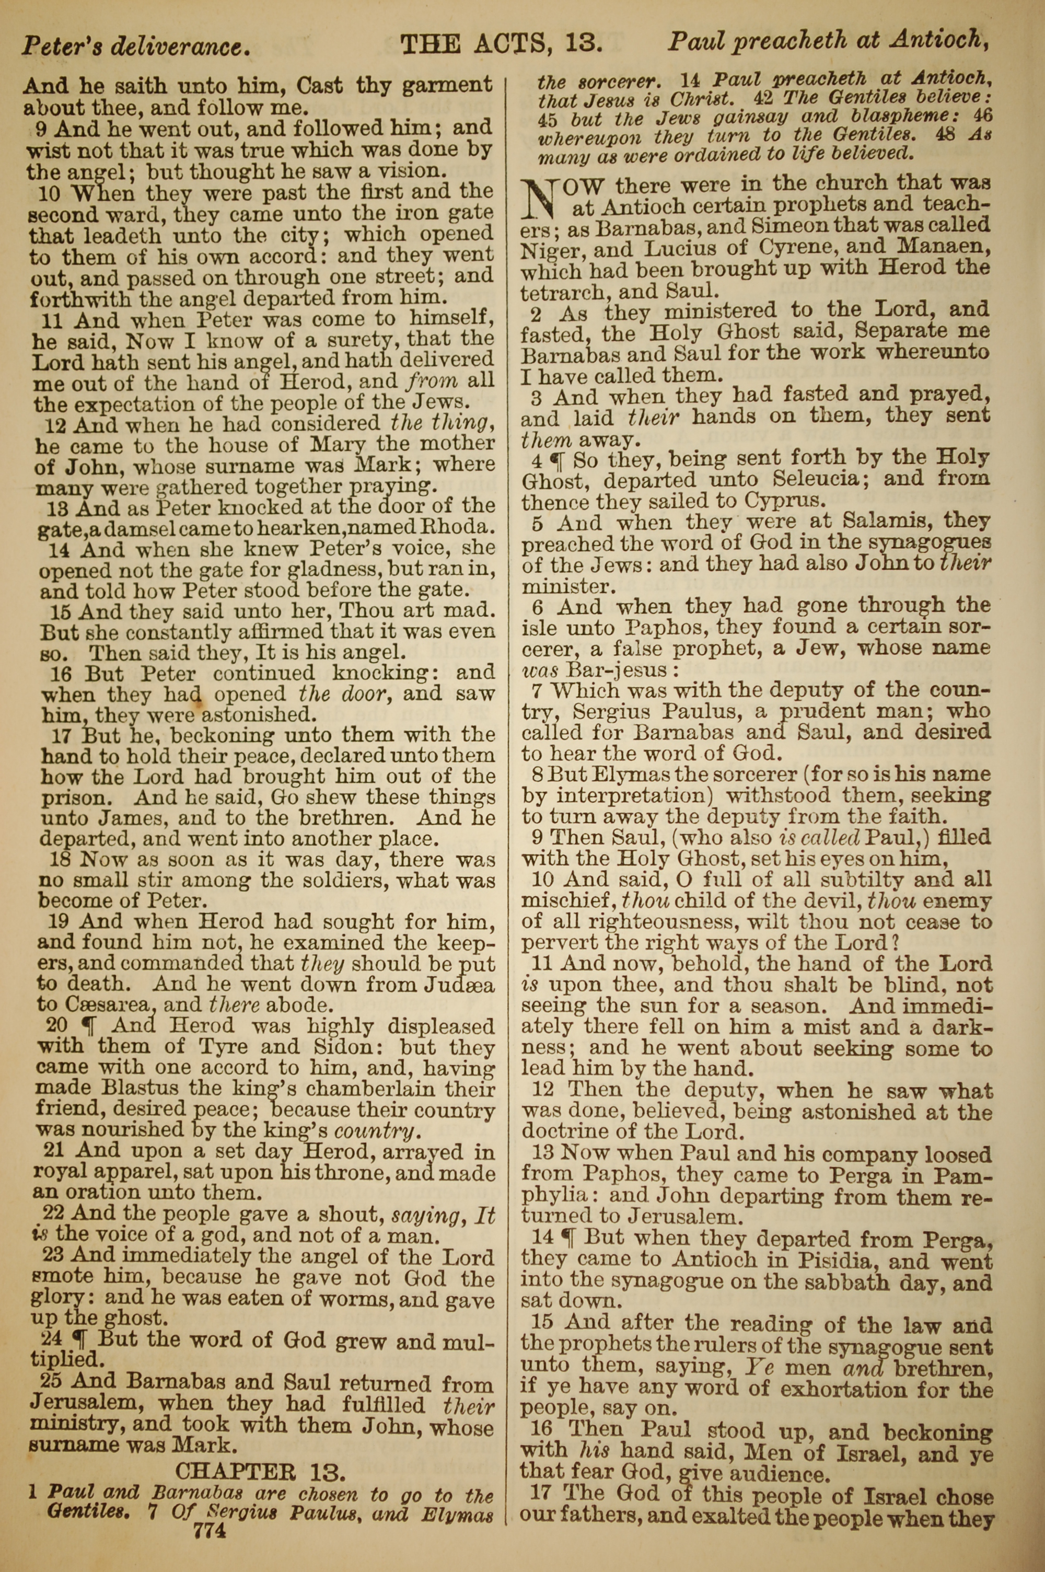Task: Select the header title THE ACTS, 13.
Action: point(501,44)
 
